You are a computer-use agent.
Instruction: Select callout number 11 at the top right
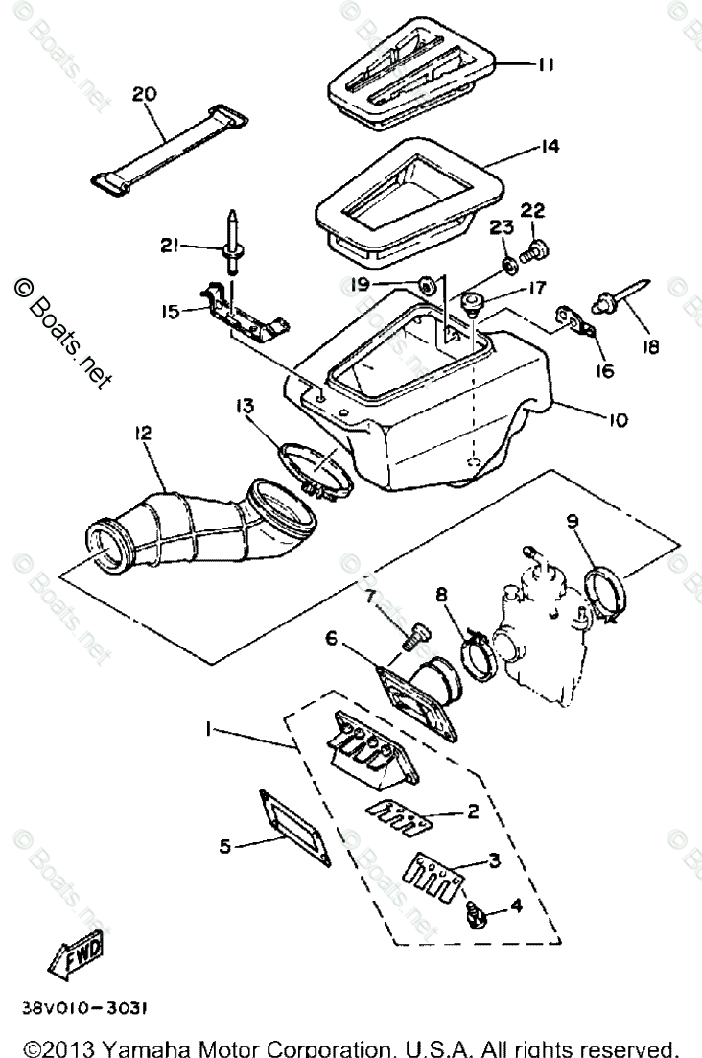click(x=547, y=64)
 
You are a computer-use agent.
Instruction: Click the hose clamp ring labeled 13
click(x=316, y=469)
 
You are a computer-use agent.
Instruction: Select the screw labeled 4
click(x=472, y=910)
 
